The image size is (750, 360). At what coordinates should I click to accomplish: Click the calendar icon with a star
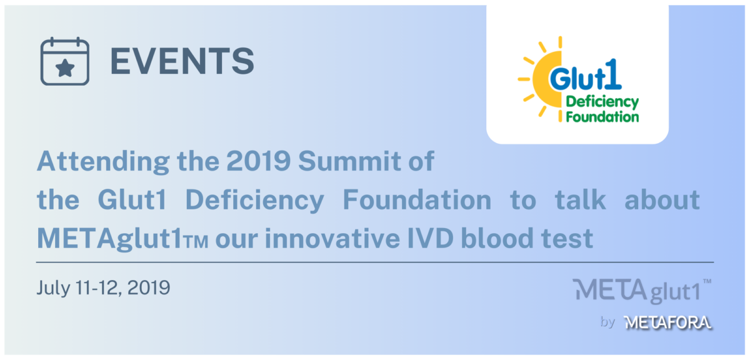65,61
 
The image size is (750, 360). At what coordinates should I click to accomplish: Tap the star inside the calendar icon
65,68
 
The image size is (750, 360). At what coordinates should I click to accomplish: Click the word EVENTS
182,61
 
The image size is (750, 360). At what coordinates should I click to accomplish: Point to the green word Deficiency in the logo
602,102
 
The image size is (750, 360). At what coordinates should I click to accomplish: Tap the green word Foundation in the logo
602,117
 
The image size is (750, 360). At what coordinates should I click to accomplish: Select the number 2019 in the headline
259,161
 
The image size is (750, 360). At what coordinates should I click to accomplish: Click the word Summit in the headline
349,161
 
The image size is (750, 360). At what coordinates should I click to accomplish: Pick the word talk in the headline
580,199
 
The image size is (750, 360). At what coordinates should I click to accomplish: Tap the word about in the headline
662,199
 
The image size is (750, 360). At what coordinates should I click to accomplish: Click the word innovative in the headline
332,238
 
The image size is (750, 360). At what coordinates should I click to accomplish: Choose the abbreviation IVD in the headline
430,238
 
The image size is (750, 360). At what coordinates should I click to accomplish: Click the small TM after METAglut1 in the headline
196,242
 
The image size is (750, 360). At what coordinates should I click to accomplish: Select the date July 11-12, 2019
104,288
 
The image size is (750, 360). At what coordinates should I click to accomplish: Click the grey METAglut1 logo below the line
641,290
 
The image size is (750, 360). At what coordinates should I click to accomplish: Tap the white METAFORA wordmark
668,322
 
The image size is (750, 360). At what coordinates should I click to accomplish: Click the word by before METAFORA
608,322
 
